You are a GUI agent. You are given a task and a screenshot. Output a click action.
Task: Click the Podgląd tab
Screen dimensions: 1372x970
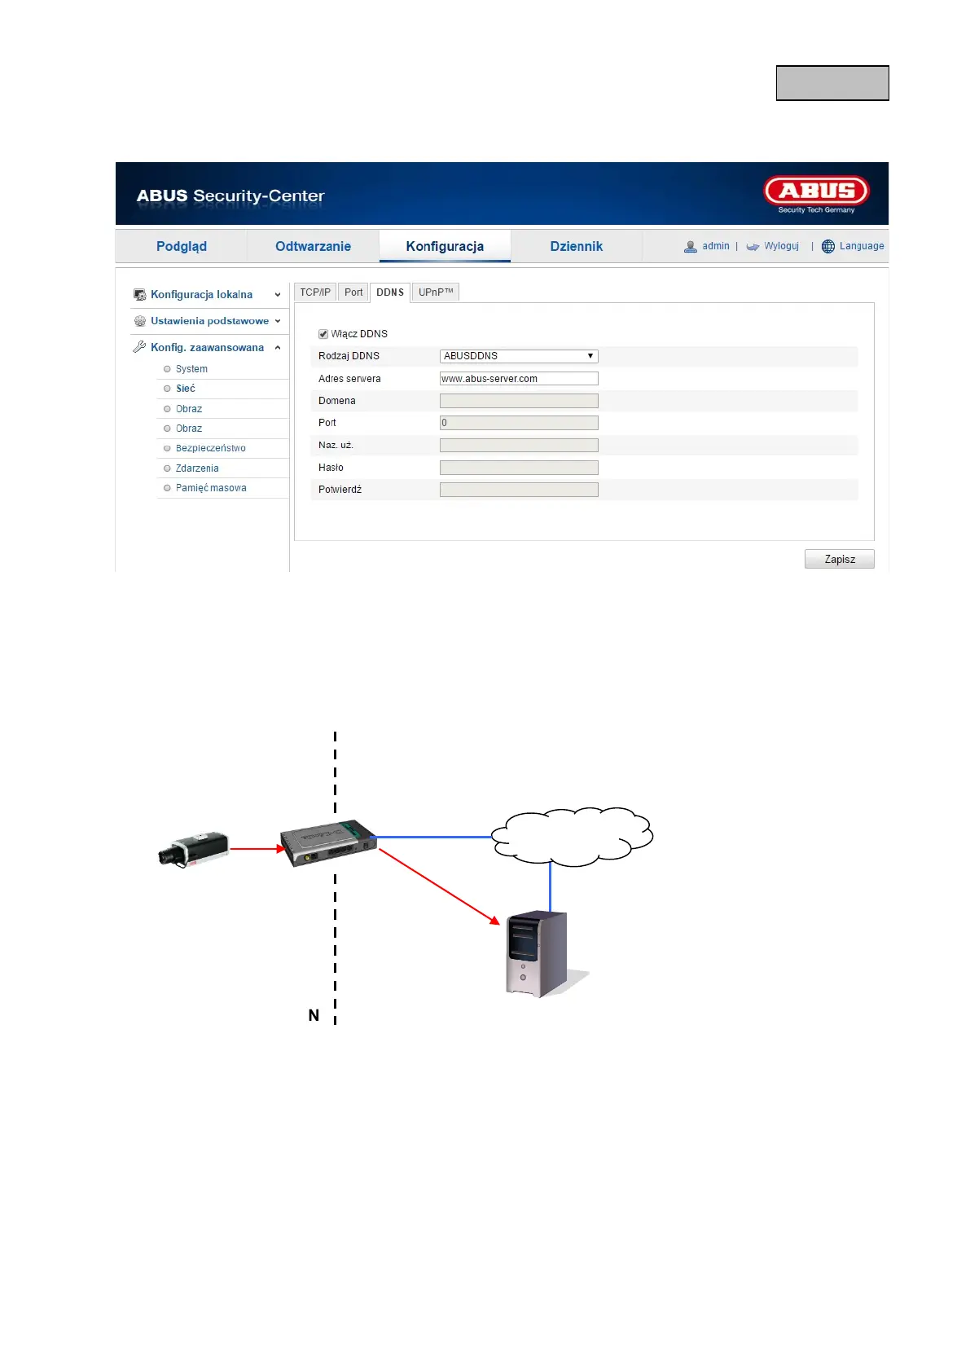coord(181,246)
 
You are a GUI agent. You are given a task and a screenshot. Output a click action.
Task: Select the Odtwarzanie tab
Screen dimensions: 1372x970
coord(313,246)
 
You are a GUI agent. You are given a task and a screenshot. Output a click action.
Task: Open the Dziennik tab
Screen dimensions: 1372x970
coord(576,246)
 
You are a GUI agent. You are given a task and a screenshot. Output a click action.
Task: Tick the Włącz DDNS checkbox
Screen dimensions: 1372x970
coord(323,334)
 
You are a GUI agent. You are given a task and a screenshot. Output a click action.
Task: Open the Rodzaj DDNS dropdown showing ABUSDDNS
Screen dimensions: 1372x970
coord(518,356)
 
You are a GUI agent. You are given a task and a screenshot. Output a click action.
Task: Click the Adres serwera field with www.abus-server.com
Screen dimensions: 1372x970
coord(518,379)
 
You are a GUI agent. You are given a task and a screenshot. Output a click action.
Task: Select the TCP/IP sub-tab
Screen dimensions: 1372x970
coord(315,292)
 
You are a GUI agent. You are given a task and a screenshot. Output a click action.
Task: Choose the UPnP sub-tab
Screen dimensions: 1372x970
coord(435,292)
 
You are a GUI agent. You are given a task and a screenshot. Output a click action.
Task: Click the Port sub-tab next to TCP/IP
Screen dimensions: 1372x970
coord(353,292)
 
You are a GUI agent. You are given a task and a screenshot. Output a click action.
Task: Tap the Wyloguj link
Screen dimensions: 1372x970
coord(780,246)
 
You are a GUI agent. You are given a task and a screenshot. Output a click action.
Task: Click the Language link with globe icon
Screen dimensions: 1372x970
coord(861,246)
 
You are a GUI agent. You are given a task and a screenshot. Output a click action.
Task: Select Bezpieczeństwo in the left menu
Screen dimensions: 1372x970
coord(210,448)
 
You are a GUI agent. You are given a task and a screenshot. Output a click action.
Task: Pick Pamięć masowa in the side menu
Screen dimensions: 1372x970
coord(210,488)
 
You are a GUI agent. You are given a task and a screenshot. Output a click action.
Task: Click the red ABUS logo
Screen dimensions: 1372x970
coord(816,192)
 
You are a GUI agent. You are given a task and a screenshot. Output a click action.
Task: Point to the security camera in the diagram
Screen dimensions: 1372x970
coord(194,849)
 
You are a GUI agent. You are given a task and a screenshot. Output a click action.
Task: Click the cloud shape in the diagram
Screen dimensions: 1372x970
coord(572,836)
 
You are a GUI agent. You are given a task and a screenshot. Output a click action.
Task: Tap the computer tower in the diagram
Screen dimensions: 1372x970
coord(536,953)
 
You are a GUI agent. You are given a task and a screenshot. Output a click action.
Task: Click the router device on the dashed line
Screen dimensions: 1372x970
coord(327,843)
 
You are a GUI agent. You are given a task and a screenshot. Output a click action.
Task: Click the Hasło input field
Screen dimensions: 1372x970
coord(518,468)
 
